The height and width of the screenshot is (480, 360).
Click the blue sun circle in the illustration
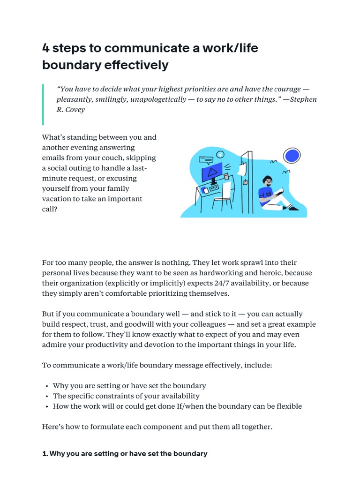pyautogui.click(x=292, y=155)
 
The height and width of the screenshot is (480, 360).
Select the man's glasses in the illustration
pyautogui.click(x=268, y=180)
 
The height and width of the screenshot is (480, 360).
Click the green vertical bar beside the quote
pyautogui.click(x=43, y=105)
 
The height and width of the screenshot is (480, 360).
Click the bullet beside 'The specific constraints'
pyautogui.click(x=47, y=396)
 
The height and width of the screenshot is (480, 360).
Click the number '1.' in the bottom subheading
pyautogui.click(x=45, y=454)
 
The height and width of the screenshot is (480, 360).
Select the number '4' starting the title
pyautogui.click(x=46, y=48)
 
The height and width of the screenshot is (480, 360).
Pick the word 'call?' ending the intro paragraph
pyautogui.click(x=50, y=210)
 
